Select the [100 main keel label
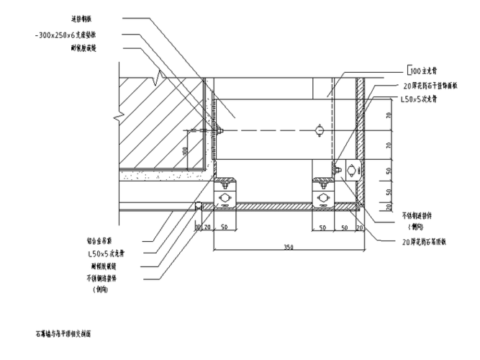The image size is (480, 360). pyautogui.click(x=425, y=71)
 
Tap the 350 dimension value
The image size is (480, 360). pyautogui.click(x=289, y=247)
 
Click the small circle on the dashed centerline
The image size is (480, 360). pyautogui.click(x=318, y=130)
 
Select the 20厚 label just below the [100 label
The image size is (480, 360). pyautogui.click(x=428, y=84)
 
